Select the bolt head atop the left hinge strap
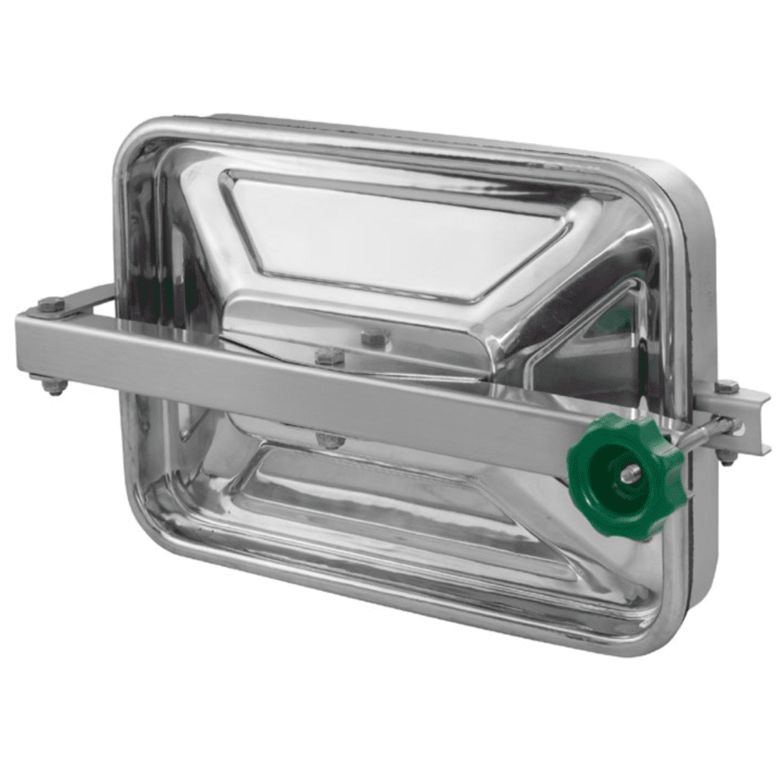tap(52, 305)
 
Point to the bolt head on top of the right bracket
tap(727, 387)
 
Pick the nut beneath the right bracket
tap(727, 457)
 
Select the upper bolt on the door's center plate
tap(375, 338)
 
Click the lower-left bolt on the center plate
tap(329, 357)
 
